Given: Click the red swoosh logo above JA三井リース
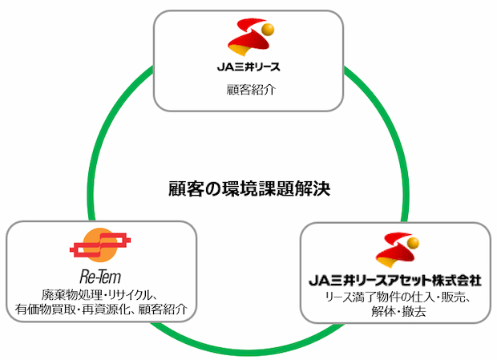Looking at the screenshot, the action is click(250, 38).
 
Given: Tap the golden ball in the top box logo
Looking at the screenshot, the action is click(269, 30).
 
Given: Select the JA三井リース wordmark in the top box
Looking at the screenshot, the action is click(248, 67).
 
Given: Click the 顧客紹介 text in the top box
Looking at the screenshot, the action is click(251, 90).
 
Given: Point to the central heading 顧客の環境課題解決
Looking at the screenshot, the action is click(249, 189).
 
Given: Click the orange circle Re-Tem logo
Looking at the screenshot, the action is click(100, 245).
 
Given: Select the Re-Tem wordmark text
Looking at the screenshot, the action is click(100, 277).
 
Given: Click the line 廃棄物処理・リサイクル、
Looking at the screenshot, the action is click(99, 295).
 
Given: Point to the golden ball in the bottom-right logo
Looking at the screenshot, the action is click(413, 244).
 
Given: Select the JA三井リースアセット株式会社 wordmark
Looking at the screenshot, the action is click(395, 281).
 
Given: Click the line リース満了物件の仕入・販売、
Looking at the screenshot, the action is click(398, 297).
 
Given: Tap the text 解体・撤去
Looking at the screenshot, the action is click(398, 312).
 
